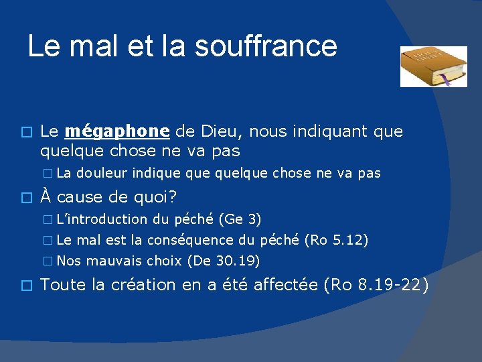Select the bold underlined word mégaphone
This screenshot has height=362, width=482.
(x=117, y=131)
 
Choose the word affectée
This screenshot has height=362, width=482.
(x=278, y=285)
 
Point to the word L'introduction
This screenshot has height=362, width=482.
(x=102, y=219)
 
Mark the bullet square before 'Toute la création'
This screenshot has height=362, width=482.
(x=26, y=285)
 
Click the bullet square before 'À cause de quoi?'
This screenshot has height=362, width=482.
(x=26, y=197)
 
